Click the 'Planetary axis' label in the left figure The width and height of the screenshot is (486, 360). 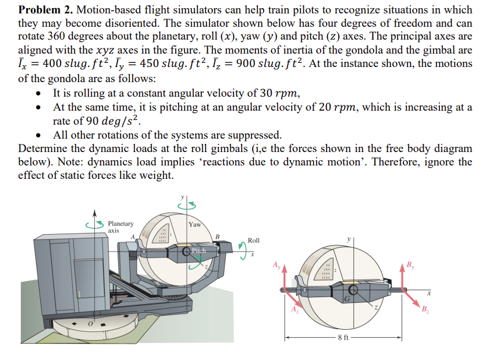click(x=120, y=227)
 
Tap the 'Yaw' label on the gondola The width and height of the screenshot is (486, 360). click(x=195, y=224)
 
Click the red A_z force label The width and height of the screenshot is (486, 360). click(x=295, y=309)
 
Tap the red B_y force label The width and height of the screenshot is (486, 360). click(x=411, y=266)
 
